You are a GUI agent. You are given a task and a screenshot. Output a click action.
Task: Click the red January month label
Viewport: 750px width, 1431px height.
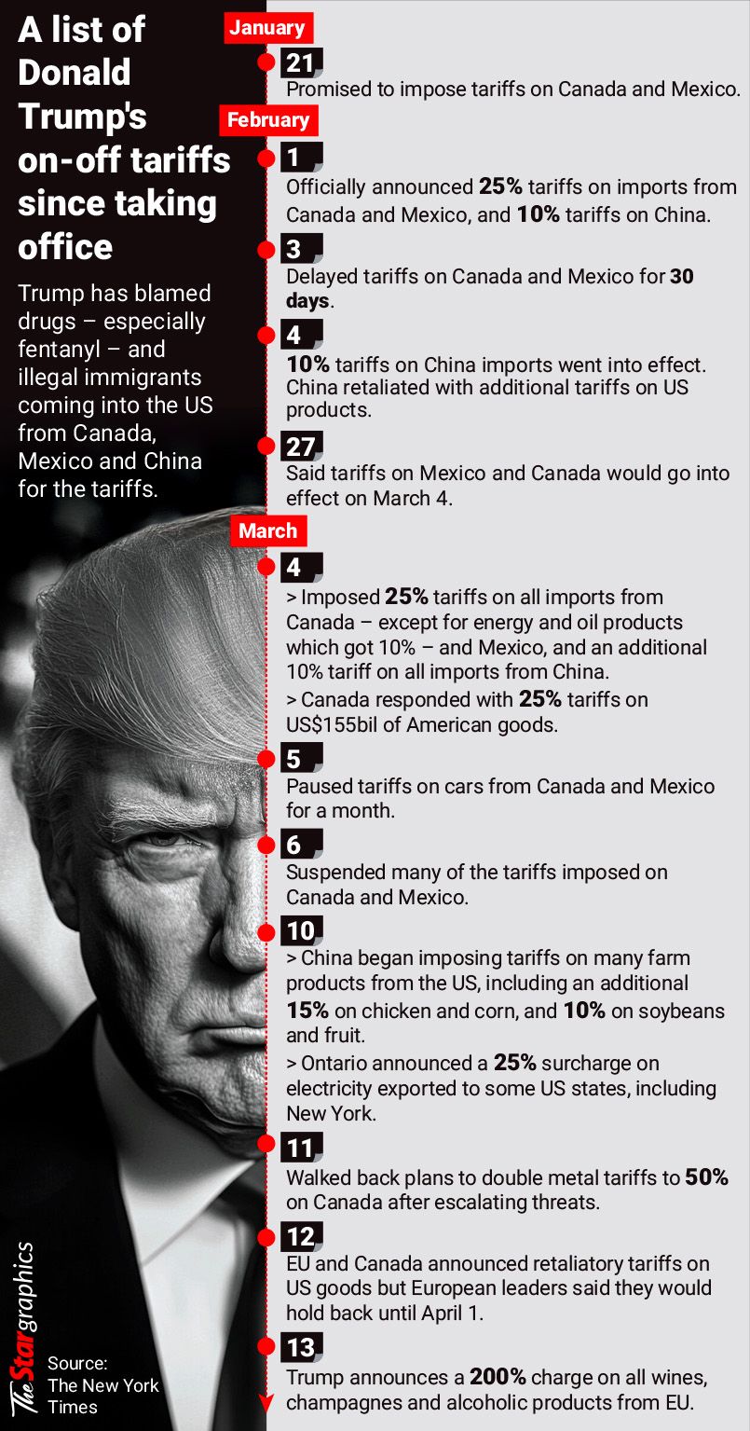[x=268, y=27]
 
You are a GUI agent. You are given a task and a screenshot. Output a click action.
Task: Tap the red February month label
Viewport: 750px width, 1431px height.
[x=268, y=119]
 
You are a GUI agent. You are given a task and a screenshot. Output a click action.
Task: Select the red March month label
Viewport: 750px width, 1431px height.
[x=268, y=530]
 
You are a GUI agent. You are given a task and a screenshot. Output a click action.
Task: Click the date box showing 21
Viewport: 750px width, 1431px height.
[x=301, y=62]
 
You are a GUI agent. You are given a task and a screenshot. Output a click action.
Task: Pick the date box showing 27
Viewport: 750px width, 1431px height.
[x=301, y=447]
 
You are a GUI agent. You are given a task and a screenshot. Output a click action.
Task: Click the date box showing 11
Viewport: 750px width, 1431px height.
[x=301, y=1147]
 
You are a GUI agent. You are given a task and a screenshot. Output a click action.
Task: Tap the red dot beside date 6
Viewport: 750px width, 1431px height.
[x=266, y=845]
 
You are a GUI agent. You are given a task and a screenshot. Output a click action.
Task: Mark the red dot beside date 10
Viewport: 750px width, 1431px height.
[x=266, y=930]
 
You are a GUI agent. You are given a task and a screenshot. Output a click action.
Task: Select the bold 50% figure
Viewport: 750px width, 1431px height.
[x=706, y=1177]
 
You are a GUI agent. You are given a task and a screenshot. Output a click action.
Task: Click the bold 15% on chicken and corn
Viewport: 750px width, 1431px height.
[x=307, y=1011]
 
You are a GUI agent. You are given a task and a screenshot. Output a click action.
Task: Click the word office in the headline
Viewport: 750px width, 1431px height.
[x=65, y=246]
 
